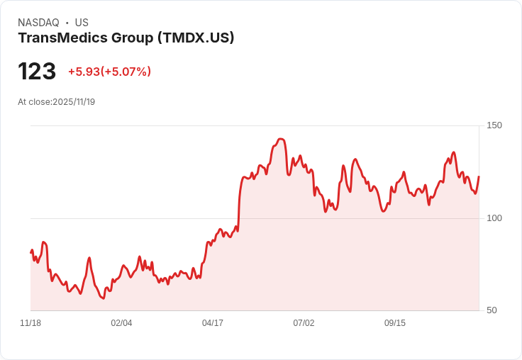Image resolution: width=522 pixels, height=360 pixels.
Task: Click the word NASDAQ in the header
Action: [38, 23]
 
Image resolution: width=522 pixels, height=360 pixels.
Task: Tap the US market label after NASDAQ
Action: [82, 23]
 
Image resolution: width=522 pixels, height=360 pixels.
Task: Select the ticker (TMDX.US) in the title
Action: [195, 38]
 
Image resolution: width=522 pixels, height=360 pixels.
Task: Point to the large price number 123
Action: [37, 72]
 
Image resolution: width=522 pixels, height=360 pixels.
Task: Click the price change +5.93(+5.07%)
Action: [109, 72]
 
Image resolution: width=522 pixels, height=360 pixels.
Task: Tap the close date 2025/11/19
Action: [74, 102]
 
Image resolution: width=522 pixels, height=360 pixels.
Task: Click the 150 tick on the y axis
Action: [494, 125]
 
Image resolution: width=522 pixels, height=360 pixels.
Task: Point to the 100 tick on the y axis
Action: [494, 218]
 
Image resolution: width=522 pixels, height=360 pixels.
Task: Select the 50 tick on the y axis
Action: [493, 310]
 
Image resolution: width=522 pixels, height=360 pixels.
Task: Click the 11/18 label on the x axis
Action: [30, 323]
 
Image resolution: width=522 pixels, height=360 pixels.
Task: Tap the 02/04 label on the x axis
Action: [121, 323]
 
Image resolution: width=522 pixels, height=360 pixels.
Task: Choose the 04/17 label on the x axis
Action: [213, 323]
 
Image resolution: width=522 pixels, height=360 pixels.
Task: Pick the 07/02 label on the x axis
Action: [304, 323]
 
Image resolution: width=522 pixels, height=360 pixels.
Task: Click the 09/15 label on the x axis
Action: [395, 323]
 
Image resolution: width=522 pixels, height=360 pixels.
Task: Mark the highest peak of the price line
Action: [281, 139]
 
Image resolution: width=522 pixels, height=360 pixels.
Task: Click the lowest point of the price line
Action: [103, 298]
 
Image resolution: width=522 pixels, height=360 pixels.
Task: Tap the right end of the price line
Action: [479, 176]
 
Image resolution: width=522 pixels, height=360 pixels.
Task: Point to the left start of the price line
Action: [30, 252]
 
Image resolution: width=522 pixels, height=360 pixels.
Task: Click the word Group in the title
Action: [130, 38]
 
